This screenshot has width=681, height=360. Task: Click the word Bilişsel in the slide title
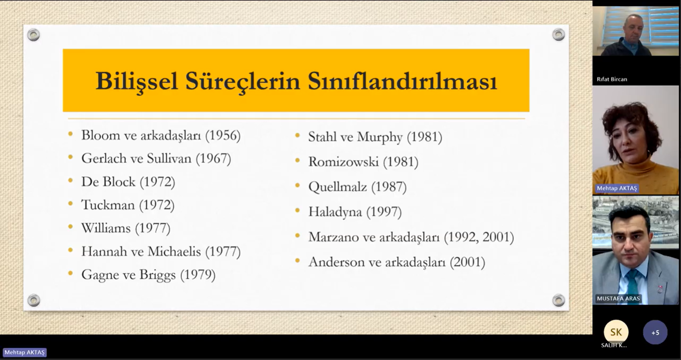pyautogui.click(x=137, y=81)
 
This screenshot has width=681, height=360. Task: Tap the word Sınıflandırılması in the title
pyautogui.click(x=402, y=81)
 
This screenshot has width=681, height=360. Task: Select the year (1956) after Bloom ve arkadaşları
pyautogui.click(x=223, y=136)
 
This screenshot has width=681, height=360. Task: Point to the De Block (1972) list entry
pyautogui.click(x=128, y=182)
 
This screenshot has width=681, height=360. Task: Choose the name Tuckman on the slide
pyautogui.click(x=108, y=205)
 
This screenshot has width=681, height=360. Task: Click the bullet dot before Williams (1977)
pyautogui.click(x=70, y=227)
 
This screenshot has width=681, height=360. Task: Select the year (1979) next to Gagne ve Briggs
pyautogui.click(x=198, y=275)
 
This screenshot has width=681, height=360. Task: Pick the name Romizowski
pyautogui.click(x=343, y=162)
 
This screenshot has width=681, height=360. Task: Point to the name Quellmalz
pyautogui.click(x=338, y=186)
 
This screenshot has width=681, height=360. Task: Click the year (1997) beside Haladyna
pyautogui.click(x=384, y=212)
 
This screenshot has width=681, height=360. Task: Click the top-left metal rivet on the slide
pyautogui.click(x=34, y=35)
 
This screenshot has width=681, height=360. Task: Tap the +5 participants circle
pyautogui.click(x=655, y=332)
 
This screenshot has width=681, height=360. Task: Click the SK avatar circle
pyautogui.click(x=616, y=332)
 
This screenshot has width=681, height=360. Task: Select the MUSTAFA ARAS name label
pyautogui.click(x=618, y=299)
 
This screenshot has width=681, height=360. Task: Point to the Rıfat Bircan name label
pyautogui.click(x=611, y=79)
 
